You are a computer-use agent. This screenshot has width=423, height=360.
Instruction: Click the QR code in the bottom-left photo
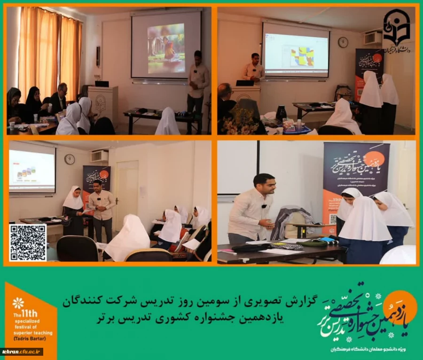click(x=28, y=242)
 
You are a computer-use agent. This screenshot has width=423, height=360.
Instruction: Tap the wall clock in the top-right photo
click(x=343, y=42)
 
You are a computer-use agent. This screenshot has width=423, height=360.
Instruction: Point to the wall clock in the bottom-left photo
click(x=70, y=159)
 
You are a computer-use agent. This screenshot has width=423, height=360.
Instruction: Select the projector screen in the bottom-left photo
click(x=32, y=170)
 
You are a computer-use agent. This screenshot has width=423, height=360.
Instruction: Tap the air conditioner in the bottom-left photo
click(x=99, y=156)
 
